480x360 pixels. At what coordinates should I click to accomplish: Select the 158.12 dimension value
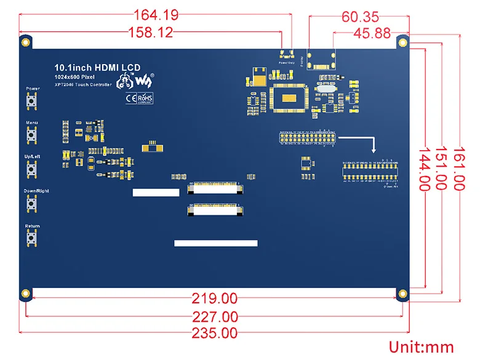pyautogui.click(x=150, y=33)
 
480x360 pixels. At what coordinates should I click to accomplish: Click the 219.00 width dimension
pyautogui.click(x=214, y=299)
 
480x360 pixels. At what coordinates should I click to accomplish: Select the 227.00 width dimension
pyautogui.click(x=214, y=317)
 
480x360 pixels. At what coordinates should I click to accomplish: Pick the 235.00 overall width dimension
pyautogui.click(x=214, y=334)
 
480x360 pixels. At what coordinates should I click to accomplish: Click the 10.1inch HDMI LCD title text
pyautogui.click(x=97, y=66)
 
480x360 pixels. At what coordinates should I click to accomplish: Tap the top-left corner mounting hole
pyautogui.click(x=26, y=42)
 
